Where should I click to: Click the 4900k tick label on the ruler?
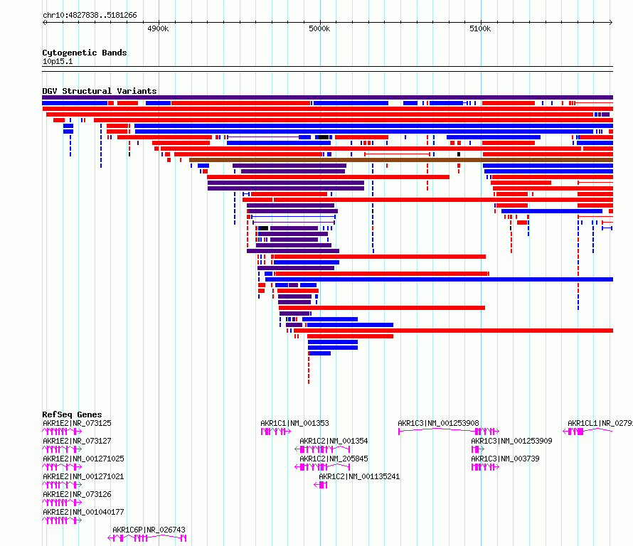[x=158, y=28]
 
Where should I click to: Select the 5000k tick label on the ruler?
[x=319, y=28]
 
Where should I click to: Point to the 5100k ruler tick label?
[x=480, y=28]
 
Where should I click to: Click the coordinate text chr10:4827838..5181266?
[x=90, y=15]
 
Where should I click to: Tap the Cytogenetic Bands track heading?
[x=85, y=53]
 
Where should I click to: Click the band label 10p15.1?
[x=58, y=61]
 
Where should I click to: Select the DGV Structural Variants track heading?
[x=100, y=91]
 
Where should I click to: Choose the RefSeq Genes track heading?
[x=72, y=414]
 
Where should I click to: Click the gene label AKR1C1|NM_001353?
[x=294, y=423]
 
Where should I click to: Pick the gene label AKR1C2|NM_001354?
[x=334, y=441]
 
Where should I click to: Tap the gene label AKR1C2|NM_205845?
[x=334, y=459]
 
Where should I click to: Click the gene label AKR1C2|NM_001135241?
[x=359, y=476]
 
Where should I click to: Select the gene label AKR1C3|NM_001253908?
[x=438, y=423]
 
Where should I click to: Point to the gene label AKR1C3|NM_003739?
[x=505, y=459]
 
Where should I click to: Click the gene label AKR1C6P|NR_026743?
[x=149, y=530]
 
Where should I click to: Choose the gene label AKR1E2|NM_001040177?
[x=83, y=512]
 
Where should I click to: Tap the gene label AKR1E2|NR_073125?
[x=77, y=423]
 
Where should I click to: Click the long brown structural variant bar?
[x=398, y=160]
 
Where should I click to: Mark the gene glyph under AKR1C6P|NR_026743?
[x=147, y=538]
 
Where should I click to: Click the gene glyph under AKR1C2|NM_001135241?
[x=321, y=485]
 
